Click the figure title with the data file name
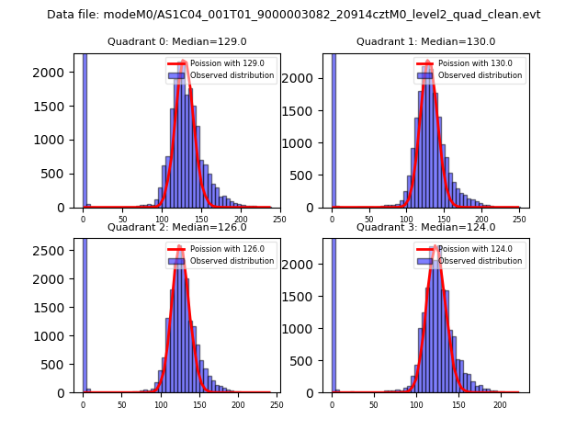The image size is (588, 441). (293, 15)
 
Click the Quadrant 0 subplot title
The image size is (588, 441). (176, 41)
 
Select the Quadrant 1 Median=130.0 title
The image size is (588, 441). (425, 41)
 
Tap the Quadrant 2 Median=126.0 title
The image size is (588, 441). (176, 227)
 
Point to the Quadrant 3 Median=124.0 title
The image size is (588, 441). (425, 227)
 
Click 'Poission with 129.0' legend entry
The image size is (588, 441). (220, 63)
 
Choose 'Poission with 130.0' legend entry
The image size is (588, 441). (469, 63)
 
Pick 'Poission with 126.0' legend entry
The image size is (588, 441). (220, 249)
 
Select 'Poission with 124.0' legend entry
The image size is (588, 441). (469, 249)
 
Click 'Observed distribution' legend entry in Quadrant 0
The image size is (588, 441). (232, 75)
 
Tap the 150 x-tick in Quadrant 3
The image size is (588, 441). (458, 404)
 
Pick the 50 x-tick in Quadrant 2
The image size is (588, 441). (121, 404)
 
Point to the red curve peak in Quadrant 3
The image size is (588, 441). (435, 248)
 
